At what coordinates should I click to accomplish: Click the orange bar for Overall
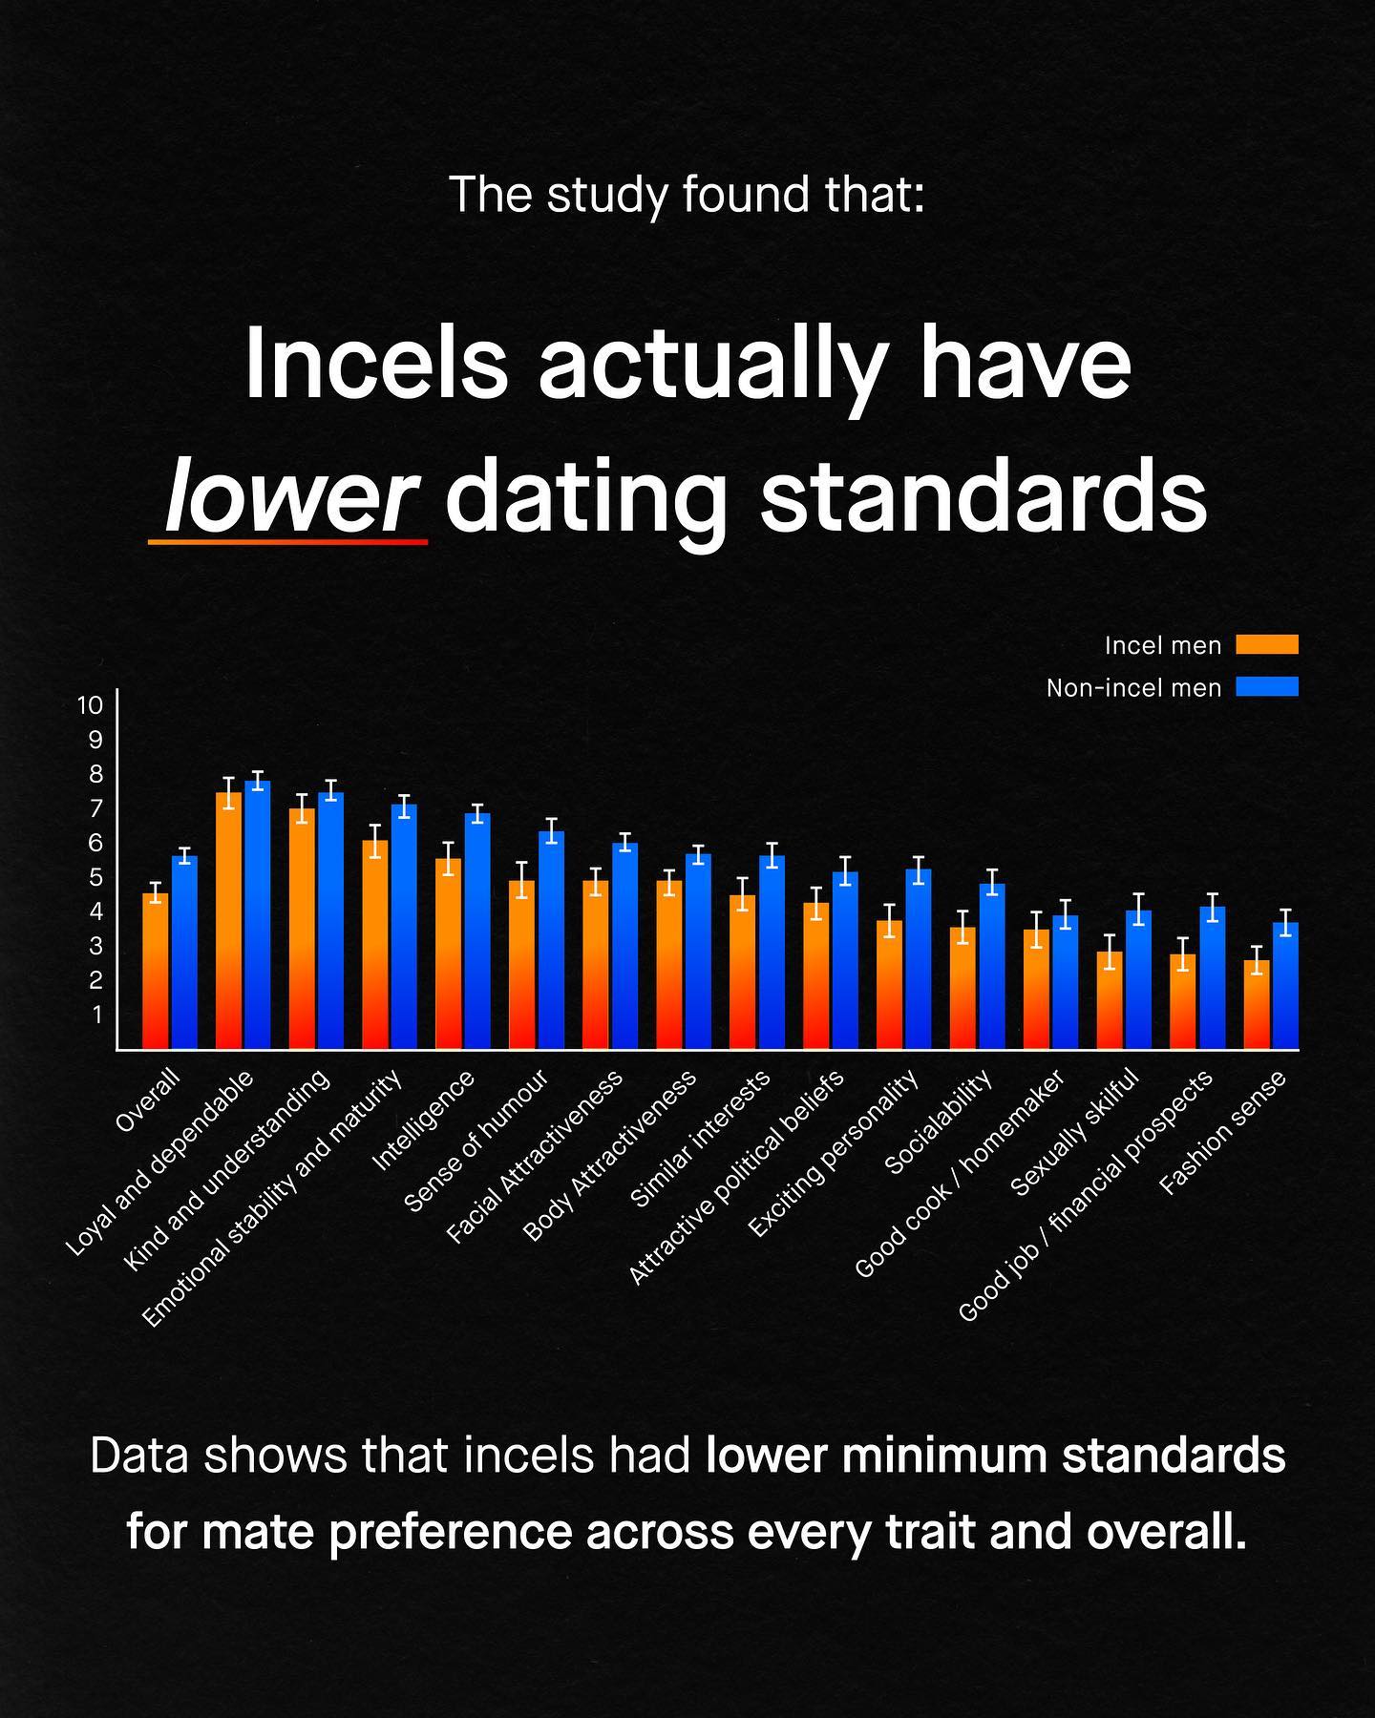(x=156, y=972)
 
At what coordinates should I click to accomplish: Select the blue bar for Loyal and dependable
(x=258, y=916)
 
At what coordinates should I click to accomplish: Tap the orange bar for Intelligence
(x=448, y=954)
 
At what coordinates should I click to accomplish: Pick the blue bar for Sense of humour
(x=551, y=940)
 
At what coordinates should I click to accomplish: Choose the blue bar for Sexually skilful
(x=1138, y=980)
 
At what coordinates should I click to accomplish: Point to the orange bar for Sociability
(x=962, y=988)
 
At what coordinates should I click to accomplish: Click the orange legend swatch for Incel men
(x=1266, y=645)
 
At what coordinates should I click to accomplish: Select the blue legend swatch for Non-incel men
(x=1266, y=686)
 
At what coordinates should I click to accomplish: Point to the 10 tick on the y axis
(x=90, y=705)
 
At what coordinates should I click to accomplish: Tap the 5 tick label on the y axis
(x=95, y=877)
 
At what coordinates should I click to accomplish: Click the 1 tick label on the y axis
(x=95, y=1015)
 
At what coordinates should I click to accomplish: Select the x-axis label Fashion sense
(x=1222, y=1132)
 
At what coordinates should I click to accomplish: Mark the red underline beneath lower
(x=287, y=542)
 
